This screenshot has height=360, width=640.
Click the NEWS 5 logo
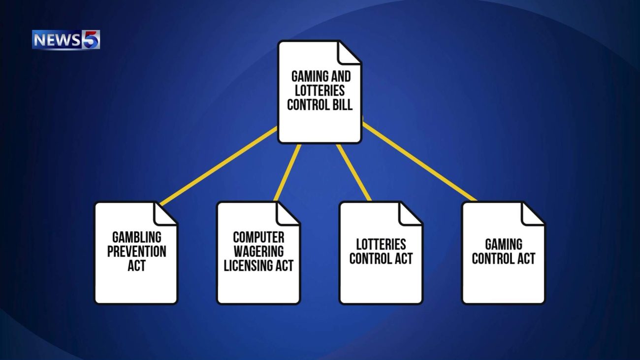point(66,40)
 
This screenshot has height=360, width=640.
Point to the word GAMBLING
point(136,237)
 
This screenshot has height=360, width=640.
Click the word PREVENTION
point(136,251)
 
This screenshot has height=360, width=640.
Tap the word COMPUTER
point(258,237)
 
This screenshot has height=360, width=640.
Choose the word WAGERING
point(258,251)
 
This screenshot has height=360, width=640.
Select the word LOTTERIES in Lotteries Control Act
point(381,244)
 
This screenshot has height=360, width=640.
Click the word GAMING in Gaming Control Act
point(504,244)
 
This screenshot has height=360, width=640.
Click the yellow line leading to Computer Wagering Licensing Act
point(287,172)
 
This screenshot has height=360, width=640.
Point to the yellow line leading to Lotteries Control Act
point(354,172)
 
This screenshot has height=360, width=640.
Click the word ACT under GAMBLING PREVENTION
point(136,266)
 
